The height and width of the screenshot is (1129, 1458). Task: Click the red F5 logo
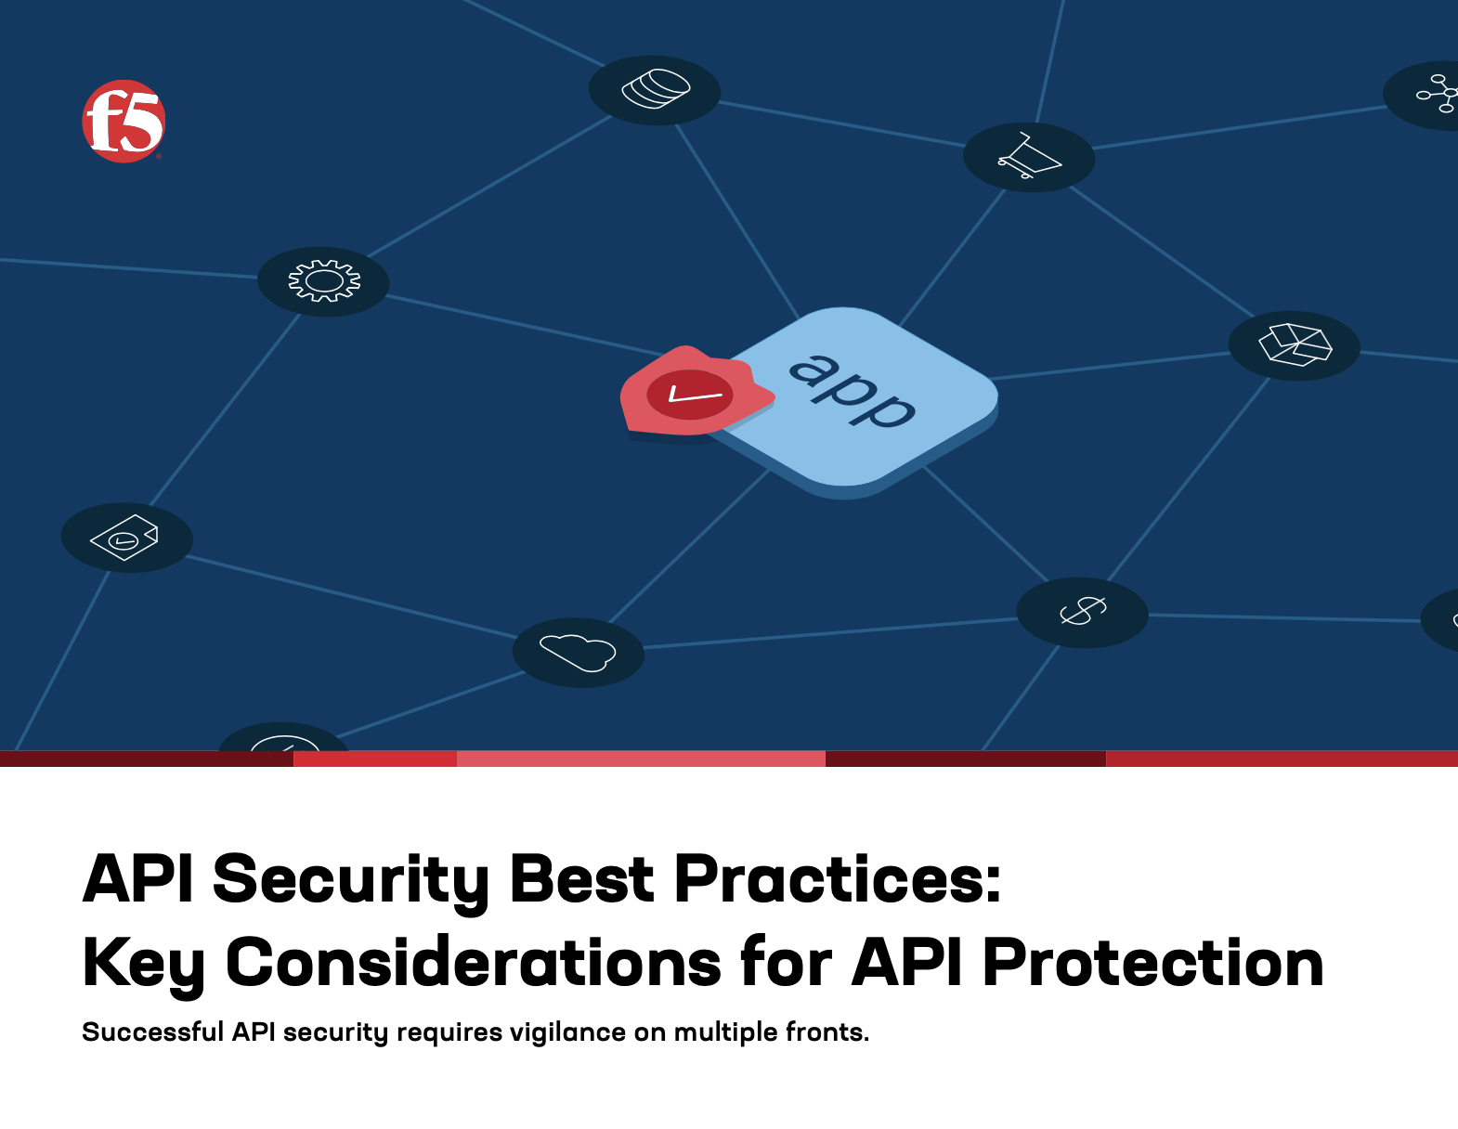(124, 121)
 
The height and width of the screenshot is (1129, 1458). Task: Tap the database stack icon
(655, 89)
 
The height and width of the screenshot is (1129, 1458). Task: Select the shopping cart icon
(1029, 156)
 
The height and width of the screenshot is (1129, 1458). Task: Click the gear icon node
(323, 281)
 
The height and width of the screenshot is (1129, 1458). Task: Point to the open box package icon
(1295, 344)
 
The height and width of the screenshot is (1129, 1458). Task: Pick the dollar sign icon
(1082, 611)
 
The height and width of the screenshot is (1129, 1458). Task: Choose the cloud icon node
(578, 652)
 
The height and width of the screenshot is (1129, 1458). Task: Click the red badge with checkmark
(696, 392)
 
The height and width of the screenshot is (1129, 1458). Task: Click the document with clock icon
(124, 537)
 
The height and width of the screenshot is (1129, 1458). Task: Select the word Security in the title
(351, 880)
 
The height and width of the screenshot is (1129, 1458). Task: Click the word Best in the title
(581, 878)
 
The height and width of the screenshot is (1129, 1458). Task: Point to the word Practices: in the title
(838, 878)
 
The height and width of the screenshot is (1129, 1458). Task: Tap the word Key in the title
(143, 965)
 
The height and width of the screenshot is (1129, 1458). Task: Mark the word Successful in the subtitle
(153, 1032)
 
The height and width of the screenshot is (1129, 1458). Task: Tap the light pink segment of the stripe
(641, 759)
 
